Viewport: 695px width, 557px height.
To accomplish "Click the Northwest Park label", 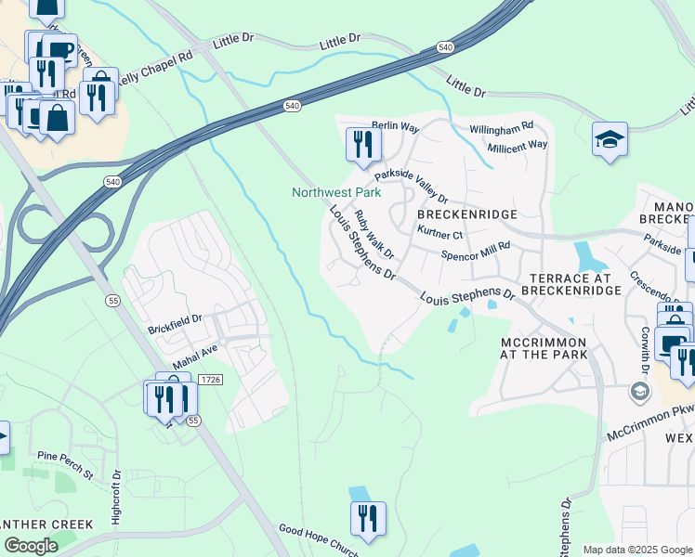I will pos(336,193).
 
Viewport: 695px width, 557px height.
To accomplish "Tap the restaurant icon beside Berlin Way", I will pos(362,144).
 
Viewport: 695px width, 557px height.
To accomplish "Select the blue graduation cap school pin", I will pos(610,140).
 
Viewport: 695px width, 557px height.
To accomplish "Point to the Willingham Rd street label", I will pos(501,125).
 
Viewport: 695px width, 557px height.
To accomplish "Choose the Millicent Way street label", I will pos(517,145).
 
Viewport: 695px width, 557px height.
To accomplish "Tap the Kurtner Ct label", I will pos(440,234).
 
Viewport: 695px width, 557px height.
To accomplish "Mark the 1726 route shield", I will pos(211,380).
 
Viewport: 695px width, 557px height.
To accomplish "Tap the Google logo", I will pos(31,545).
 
